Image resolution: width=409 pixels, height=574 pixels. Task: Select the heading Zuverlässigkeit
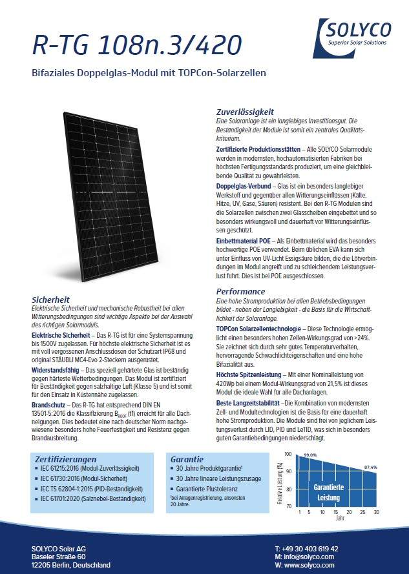point(245,111)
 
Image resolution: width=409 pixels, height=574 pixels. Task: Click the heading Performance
point(240,291)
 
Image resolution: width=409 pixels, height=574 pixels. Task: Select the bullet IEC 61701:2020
point(92,498)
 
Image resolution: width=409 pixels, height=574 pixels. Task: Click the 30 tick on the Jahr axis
point(376,511)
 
